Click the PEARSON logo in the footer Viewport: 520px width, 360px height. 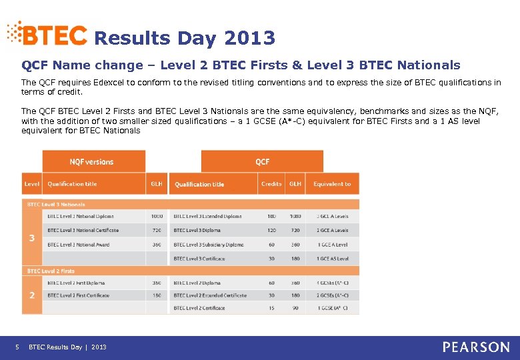point(476,347)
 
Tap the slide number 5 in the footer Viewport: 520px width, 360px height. point(17,347)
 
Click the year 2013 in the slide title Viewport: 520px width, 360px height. point(249,39)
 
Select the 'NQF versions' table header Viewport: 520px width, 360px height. point(92,161)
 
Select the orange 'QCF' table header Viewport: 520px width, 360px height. point(262,161)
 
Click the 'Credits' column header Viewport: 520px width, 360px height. point(271,184)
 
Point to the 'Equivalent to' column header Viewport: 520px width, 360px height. point(332,184)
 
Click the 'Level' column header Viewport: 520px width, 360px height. point(31,184)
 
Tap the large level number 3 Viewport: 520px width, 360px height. point(31,238)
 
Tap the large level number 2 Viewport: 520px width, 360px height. point(31,295)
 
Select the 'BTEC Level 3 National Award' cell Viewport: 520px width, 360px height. point(79,245)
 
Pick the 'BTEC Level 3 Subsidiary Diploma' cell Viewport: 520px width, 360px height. point(209,245)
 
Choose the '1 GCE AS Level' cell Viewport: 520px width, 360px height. point(332,259)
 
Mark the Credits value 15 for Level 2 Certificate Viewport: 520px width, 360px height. point(271,308)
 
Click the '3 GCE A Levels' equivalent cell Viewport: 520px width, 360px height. point(332,216)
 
